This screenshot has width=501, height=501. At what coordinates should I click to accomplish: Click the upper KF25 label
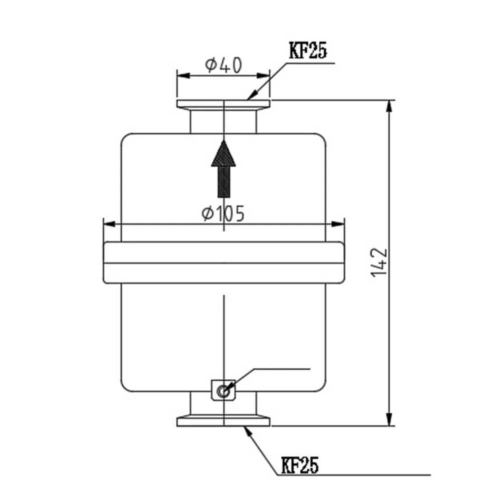pyautogui.click(x=307, y=51)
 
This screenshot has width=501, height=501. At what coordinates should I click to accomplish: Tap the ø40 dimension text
pyautogui.click(x=223, y=65)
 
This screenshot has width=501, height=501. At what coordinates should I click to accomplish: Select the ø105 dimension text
pyautogui.click(x=223, y=214)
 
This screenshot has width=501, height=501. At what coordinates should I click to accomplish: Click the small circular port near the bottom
pyautogui.click(x=223, y=390)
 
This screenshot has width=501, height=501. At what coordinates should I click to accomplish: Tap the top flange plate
pyautogui.click(x=223, y=104)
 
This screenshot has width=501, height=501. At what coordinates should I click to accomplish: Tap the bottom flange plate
pyautogui.click(x=223, y=421)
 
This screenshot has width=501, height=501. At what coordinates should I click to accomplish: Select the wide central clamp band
pyautogui.click(x=223, y=263)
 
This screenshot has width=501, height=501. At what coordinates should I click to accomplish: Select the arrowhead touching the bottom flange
pyautogui.click(x=247, y=429)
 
